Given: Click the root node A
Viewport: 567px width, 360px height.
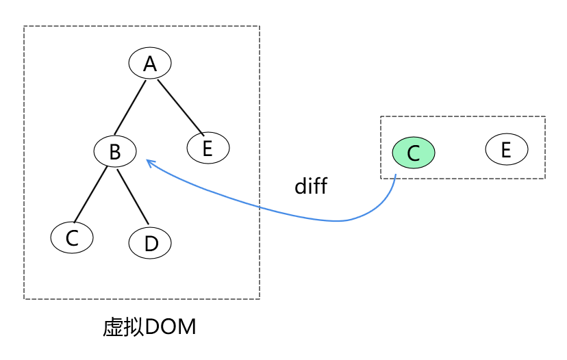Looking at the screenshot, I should [149, 64].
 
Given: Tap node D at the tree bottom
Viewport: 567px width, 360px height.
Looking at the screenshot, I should [150, 243].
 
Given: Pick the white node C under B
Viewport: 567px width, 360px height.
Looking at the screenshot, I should [72, 237].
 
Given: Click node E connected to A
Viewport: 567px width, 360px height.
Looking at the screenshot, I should [208, 148].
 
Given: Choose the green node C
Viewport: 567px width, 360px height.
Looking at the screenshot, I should [414, 153].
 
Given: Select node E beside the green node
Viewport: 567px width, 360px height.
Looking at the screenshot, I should [506, 149].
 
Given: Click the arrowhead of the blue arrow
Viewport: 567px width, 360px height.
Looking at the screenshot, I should [149, 163].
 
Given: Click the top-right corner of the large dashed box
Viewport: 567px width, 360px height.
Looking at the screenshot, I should [260, 27].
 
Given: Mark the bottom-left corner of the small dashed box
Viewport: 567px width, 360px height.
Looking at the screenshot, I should [381, 179].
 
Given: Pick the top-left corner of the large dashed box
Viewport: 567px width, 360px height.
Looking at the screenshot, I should [24, 27].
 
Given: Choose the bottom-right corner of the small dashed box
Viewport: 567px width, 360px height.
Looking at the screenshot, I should [545, 179].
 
